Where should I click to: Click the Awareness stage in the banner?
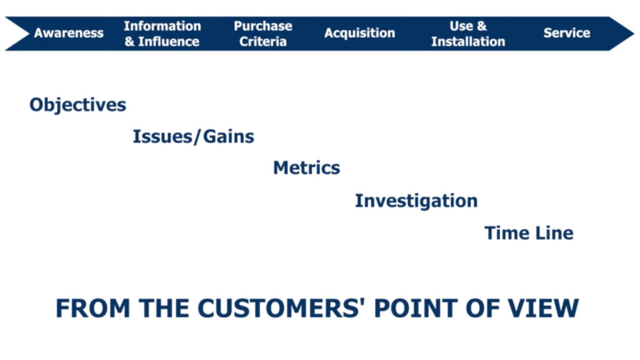point(69,33)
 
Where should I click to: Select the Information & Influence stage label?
point(162,34)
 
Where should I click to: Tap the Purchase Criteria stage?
point(263,34)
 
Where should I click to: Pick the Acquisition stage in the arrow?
point(359,33)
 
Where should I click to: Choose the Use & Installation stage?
point(468,34)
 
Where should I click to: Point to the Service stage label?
point(566,33)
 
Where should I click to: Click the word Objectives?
point(77,105)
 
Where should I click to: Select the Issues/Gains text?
point(194,137)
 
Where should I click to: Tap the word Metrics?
point(306,167)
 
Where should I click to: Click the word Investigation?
point(416,201)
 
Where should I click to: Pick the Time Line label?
point(529,233)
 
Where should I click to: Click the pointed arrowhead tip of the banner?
point(634,34)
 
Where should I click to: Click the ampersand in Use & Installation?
point(482,26)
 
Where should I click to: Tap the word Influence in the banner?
point(169,41)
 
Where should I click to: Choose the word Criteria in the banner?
point(263,41)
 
